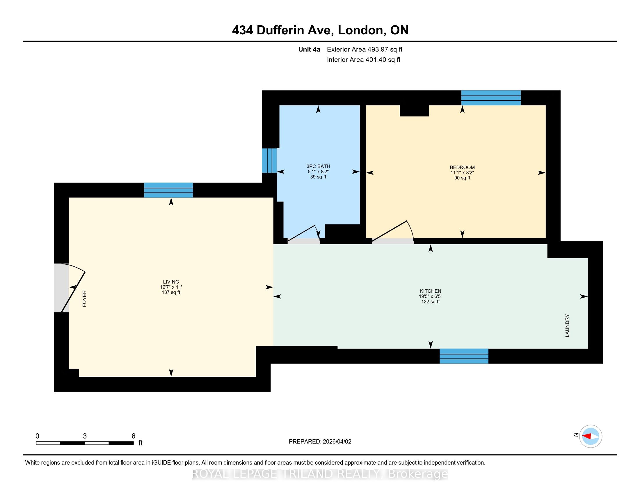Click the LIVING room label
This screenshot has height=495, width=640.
pos(171,282)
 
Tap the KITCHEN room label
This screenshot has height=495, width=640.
pos(431,291)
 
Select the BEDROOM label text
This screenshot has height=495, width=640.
pos(462,167)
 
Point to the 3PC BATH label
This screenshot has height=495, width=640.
pos(318,166)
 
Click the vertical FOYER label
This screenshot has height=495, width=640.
pos(84,298)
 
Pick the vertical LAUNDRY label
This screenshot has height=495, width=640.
pos(567,326)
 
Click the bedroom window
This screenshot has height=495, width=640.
pos(491,98)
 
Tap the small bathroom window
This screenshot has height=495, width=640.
pos(269,160)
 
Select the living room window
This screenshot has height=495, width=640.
pos(168,190)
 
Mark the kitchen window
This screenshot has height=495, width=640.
pos(464,356)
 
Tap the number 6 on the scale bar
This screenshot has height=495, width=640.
pos(133,436)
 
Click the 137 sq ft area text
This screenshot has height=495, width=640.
pos(171,292)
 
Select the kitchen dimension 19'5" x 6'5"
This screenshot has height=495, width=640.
pos(431,296)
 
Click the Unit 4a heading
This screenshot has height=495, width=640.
pos(309,49)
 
